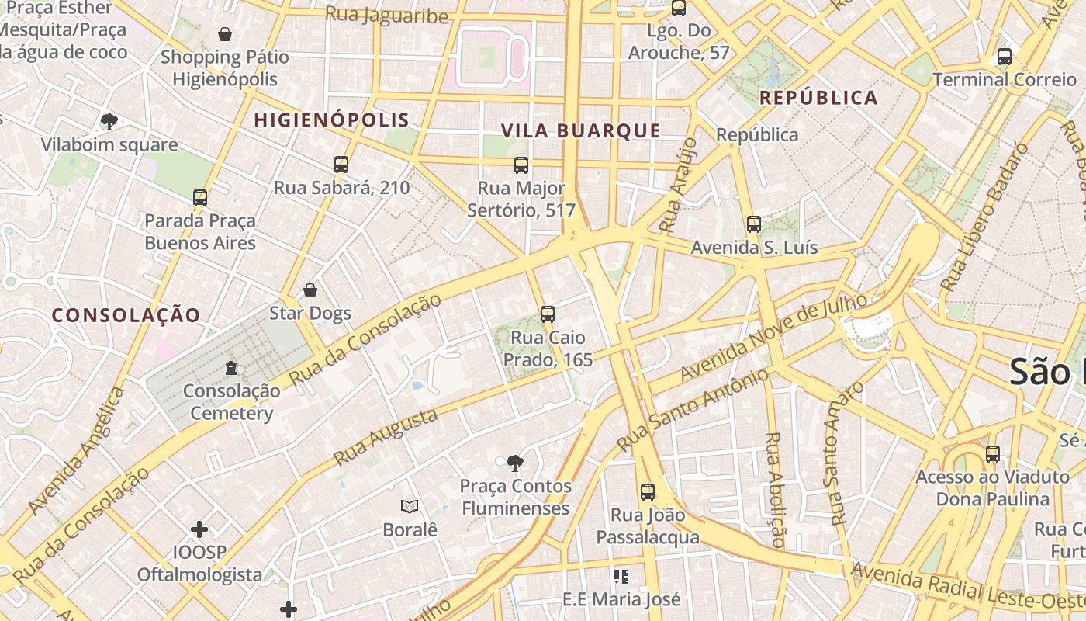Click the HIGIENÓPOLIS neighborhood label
[x=331, y=120]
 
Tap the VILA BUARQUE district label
[x=580, y=131]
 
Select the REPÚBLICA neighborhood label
[x=818, y=98]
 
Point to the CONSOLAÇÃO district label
[x=126, y=315]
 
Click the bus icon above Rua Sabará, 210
[x=341, y=165]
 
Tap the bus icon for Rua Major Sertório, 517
[x=521, y=165]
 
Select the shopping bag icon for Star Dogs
[x=310, y=290]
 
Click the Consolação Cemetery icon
[x=230, y=367]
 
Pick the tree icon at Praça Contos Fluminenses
[x=514, y=463]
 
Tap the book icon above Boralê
[x=410, y=507]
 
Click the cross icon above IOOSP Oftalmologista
[x=199, y=529]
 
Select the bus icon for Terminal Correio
[x=1005, y=57]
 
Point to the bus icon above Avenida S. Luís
[x=753, y=224]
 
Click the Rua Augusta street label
[x=386, y=438]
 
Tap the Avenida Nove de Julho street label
[x=773, y=337]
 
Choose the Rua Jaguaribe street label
[x=386, y=15]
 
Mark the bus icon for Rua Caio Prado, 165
[x=548, y=314]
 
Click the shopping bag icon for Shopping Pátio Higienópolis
[x=225, y=34]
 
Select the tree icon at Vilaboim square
[x=109, y=121]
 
